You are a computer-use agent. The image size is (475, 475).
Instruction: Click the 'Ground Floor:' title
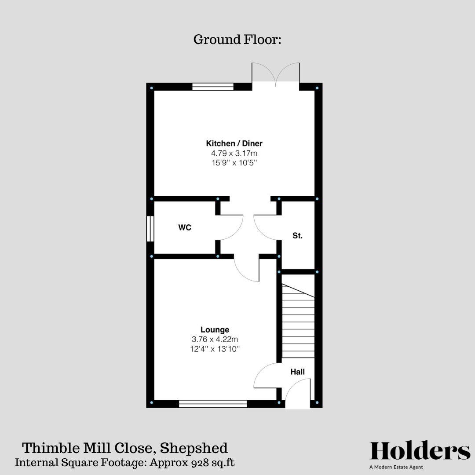[x=237, y=40]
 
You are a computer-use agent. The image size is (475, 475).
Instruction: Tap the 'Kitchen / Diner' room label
[x=234, y=143]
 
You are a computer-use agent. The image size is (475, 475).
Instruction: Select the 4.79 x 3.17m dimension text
[x=234, y=153]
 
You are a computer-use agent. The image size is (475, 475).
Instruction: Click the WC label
[x=184, y=228]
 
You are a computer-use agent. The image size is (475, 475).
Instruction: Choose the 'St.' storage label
[x=297, y=236]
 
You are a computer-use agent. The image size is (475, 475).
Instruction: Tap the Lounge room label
[x=215, y=329]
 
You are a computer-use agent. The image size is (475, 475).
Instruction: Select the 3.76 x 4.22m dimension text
[x=215, y=339]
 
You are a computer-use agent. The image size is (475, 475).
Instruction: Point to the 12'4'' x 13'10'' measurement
[x=215, y=349]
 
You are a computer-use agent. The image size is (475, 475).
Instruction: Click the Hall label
[x=297, y=372]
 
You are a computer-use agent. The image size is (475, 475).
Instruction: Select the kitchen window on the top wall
[x=213, y=87]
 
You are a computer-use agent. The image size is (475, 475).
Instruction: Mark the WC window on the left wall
[x=150, y=228]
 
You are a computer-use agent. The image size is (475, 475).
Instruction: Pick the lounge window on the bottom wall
[x=213, y=403]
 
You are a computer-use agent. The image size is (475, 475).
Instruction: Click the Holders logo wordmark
[x=420, y=451]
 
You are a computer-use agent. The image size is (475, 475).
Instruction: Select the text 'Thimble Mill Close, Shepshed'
[x=125, y=448]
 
